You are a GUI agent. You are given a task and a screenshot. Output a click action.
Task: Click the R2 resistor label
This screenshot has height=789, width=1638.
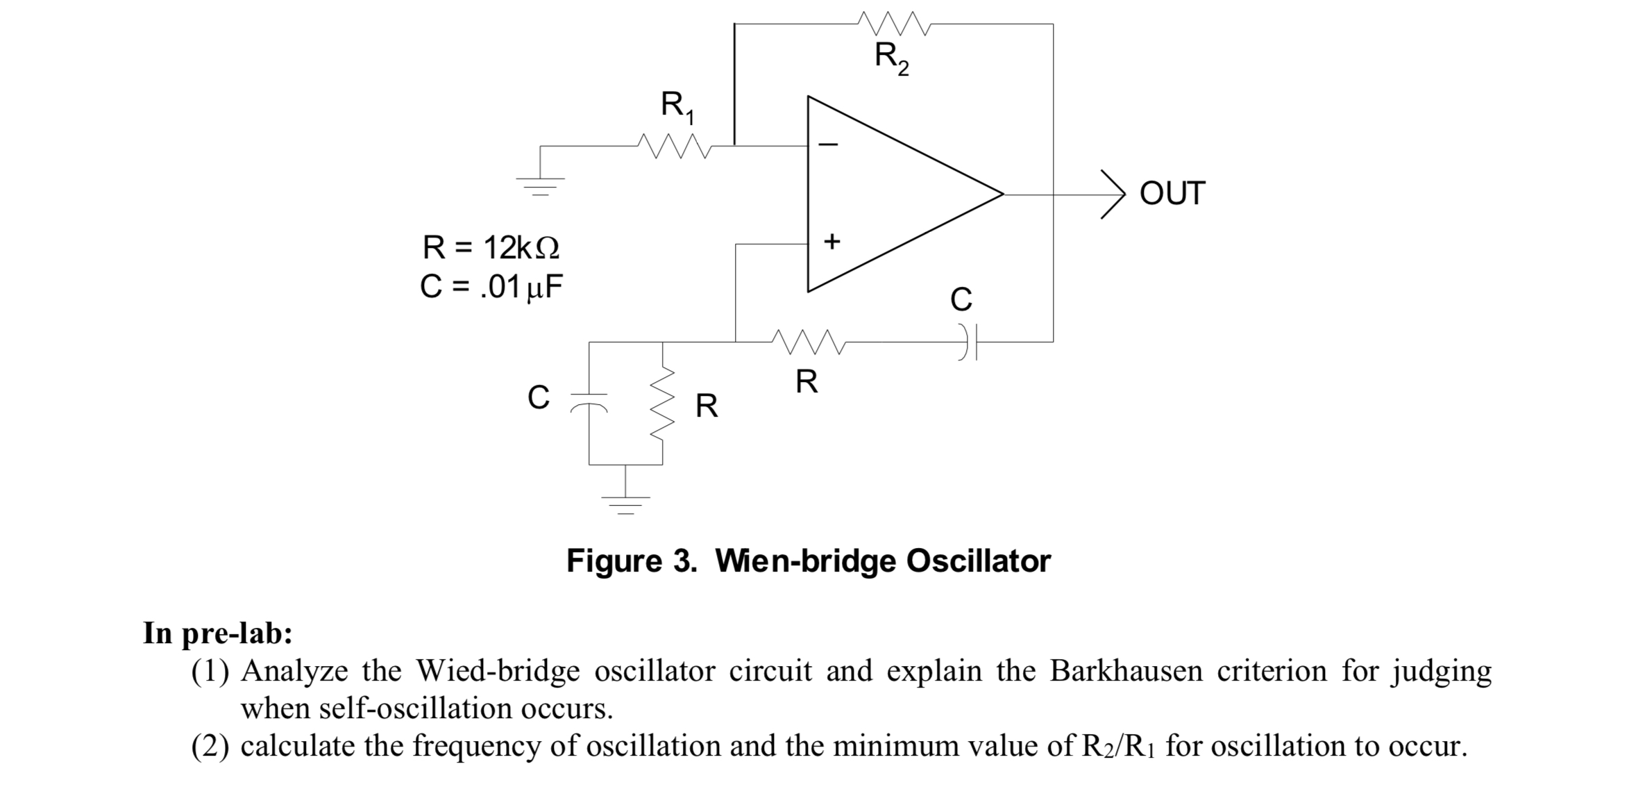891,57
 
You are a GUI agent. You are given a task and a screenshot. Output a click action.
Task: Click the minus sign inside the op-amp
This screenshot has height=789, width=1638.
829,145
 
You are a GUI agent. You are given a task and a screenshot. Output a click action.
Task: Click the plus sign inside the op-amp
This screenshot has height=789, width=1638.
831,241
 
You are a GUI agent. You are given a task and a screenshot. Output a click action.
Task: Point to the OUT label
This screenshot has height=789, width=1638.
1172,194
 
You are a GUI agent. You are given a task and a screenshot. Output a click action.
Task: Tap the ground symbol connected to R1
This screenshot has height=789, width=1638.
540,185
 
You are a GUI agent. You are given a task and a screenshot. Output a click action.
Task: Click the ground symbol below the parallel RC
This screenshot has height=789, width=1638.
625,504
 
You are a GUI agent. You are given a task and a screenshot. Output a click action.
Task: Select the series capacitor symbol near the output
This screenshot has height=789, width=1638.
969,342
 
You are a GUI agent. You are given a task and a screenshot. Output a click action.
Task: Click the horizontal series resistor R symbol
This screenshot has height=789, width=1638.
807,342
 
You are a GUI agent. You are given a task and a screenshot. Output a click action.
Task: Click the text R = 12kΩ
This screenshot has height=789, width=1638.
491,248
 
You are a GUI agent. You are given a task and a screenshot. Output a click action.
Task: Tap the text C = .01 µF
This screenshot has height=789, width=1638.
491,287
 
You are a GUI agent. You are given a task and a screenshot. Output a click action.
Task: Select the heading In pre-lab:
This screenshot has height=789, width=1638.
218,633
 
